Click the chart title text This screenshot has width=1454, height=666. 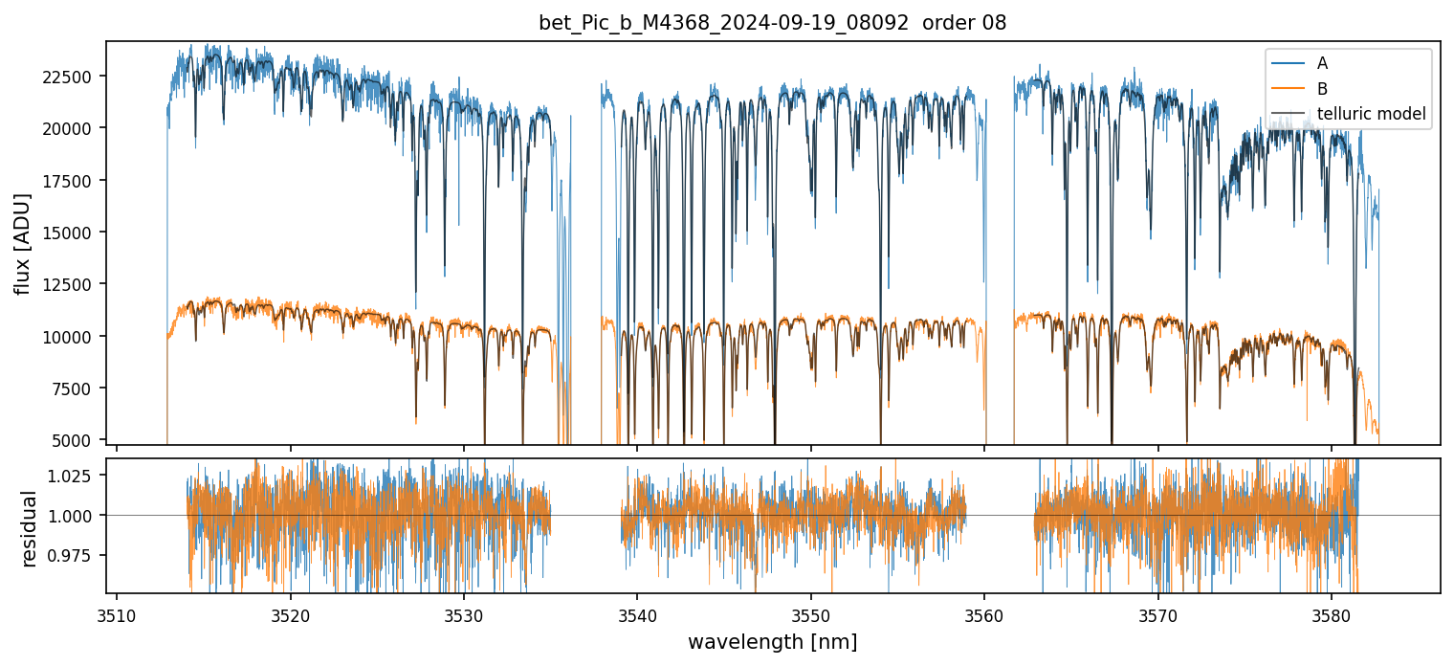click(x=772, y=23)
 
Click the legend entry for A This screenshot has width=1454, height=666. click(x=1322, y=63)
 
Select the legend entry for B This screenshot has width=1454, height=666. click(x=1322, y=89)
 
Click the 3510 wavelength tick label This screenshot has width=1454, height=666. click(x=117, y=613)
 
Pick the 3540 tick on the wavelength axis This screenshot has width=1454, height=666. click(x=637, y=613)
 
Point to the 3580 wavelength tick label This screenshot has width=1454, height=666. click(x=1332, y=613)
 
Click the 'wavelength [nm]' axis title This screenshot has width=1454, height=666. click(x=772, y=642)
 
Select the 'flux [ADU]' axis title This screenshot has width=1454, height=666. click(x=23, y=243)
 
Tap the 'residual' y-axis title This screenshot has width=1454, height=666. click(x=29, y=528)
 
